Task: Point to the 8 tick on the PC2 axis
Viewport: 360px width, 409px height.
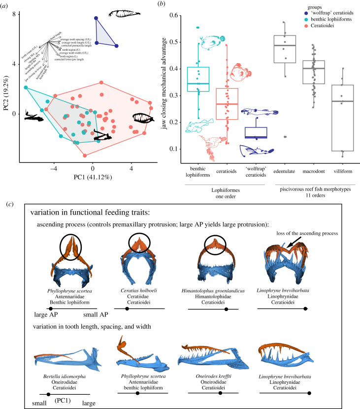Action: (x=15, y=15)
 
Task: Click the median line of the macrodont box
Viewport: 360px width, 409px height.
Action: (x=310, y=68)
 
